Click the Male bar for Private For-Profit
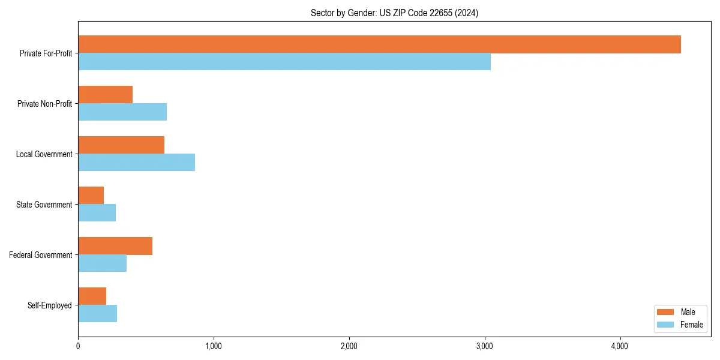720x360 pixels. (x=379, y=44)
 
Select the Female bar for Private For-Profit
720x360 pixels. (x=284, y=62)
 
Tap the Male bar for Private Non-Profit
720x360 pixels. (x=105, y=95)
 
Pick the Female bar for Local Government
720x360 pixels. (x=136, y=163)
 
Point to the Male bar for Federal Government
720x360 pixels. (x=115, y=246)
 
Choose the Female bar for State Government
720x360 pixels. (x=97, y=213)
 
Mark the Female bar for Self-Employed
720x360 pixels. (x=97, y=314)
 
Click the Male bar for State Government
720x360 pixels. (x=91, y=196)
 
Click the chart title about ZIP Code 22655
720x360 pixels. (x=394, y=13)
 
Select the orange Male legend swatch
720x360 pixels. (x=666, y=312)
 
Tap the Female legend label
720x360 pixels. (x=692, y=325)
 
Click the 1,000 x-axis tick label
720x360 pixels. (x=214, y=346)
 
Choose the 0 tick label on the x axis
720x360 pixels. (x=78, y=346)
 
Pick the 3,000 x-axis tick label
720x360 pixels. (x=484, y=346)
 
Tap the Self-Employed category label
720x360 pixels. (x=49, y=305)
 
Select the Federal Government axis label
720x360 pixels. (x=40, y=255)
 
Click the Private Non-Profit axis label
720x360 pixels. (x=44, y=104)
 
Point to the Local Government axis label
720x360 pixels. (x=44, y=154)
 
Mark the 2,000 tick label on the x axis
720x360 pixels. (x=349, y=346)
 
